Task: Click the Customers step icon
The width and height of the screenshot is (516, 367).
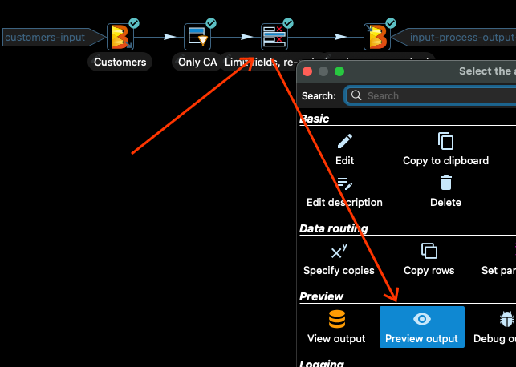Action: tap(120, 37)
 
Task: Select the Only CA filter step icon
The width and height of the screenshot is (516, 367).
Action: tap(197, 37)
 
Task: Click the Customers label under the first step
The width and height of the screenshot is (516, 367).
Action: tap(120, 62)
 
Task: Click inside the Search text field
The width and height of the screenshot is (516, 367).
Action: tap(437, 95)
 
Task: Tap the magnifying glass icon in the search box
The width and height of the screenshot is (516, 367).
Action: tap(356, 95)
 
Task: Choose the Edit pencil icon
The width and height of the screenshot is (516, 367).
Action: tap(344, 142)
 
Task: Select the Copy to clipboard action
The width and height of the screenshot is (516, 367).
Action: tap(445, 150)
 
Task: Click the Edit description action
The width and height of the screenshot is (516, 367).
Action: tap(344, 192)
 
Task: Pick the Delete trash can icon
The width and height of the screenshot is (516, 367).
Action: tap(445, 183)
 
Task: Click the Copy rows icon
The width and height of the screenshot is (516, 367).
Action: tap(429, 251)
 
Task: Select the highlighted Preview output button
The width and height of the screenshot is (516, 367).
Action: tap(422, 326)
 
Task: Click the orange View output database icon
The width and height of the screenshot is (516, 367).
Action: tap(337, 320)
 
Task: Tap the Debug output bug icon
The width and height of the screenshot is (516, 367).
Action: tap(506, 320)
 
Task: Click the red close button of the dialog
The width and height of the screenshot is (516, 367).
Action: tap(307, 71)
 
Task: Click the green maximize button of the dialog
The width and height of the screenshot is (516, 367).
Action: tap(339, 71)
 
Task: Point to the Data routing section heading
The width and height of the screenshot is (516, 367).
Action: tap(334, 228)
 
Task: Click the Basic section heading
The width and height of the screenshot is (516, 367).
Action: tap(315, 119)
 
